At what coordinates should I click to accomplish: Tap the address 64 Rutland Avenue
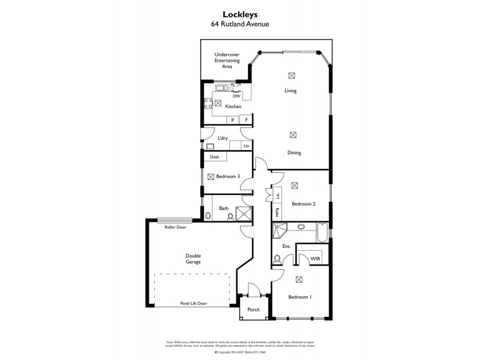pyautogui.click(x=239, y=25)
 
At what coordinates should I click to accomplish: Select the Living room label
pyautogui.click(x=290, y=91)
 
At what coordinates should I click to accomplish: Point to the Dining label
pyautogui.click(x=293, y=153)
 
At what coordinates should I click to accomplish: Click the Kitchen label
pyautogui.click(x=233, y=107)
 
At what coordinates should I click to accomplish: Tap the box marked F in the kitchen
pyautogui.click(x=246, y=120)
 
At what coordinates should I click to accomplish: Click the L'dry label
pyautogui.click(x=223, y=139)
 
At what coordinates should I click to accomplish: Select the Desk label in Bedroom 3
pyautogui.click(x=214, y=157)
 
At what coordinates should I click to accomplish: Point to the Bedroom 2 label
pyautogui.click(x=304, y=204)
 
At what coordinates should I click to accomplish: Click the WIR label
pyautogui.click(x=315, y=259)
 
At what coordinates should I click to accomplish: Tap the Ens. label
pyautogui.click(x=286, y=247)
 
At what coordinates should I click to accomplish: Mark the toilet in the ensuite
pyautogui.click(x=277, y=259)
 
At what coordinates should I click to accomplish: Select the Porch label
pyautogui.click(x=253, y=310)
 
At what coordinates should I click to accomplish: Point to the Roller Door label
pyautogui.click(x=175, y=228)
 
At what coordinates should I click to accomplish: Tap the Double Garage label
pyautogui.click(x=193, y=259)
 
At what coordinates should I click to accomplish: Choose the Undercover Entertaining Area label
pyautogui.click(x=227, y=61)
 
